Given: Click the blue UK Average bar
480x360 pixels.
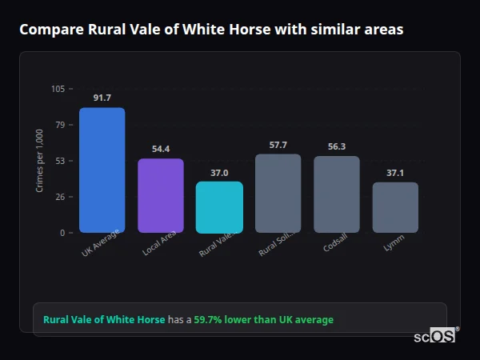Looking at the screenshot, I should (x=102, y=170).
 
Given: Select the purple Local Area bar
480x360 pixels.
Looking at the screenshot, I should (x=161, y=196).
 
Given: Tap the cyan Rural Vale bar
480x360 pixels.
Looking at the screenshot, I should (x=219, y=207).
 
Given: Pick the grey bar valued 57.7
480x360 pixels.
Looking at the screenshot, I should (x=278, y=194).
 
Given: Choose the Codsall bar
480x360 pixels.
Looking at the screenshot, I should (x=337, y=194).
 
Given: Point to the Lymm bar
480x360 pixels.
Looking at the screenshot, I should (x=395, y=207).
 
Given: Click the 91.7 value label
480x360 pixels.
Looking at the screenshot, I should (x=102, y=98).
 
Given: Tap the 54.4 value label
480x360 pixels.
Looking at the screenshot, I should (x=161, y=149).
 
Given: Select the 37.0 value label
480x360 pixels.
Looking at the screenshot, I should (x=219, y=172).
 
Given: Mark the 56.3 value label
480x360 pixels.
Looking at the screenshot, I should (x=337, y=146).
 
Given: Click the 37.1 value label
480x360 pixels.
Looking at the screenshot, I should (x=395, y=172).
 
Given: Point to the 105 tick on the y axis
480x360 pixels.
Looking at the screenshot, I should (x=58, y=89).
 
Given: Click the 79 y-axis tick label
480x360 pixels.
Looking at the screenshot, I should (x=61, y=125).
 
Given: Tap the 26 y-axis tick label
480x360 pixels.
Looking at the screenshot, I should (x=61, y=197).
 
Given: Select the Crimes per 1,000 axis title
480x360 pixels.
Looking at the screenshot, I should (x=40, y=161).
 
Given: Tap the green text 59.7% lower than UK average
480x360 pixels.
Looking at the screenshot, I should (x=263, y=320).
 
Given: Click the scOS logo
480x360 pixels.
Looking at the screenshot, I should (x=434, y=337).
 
